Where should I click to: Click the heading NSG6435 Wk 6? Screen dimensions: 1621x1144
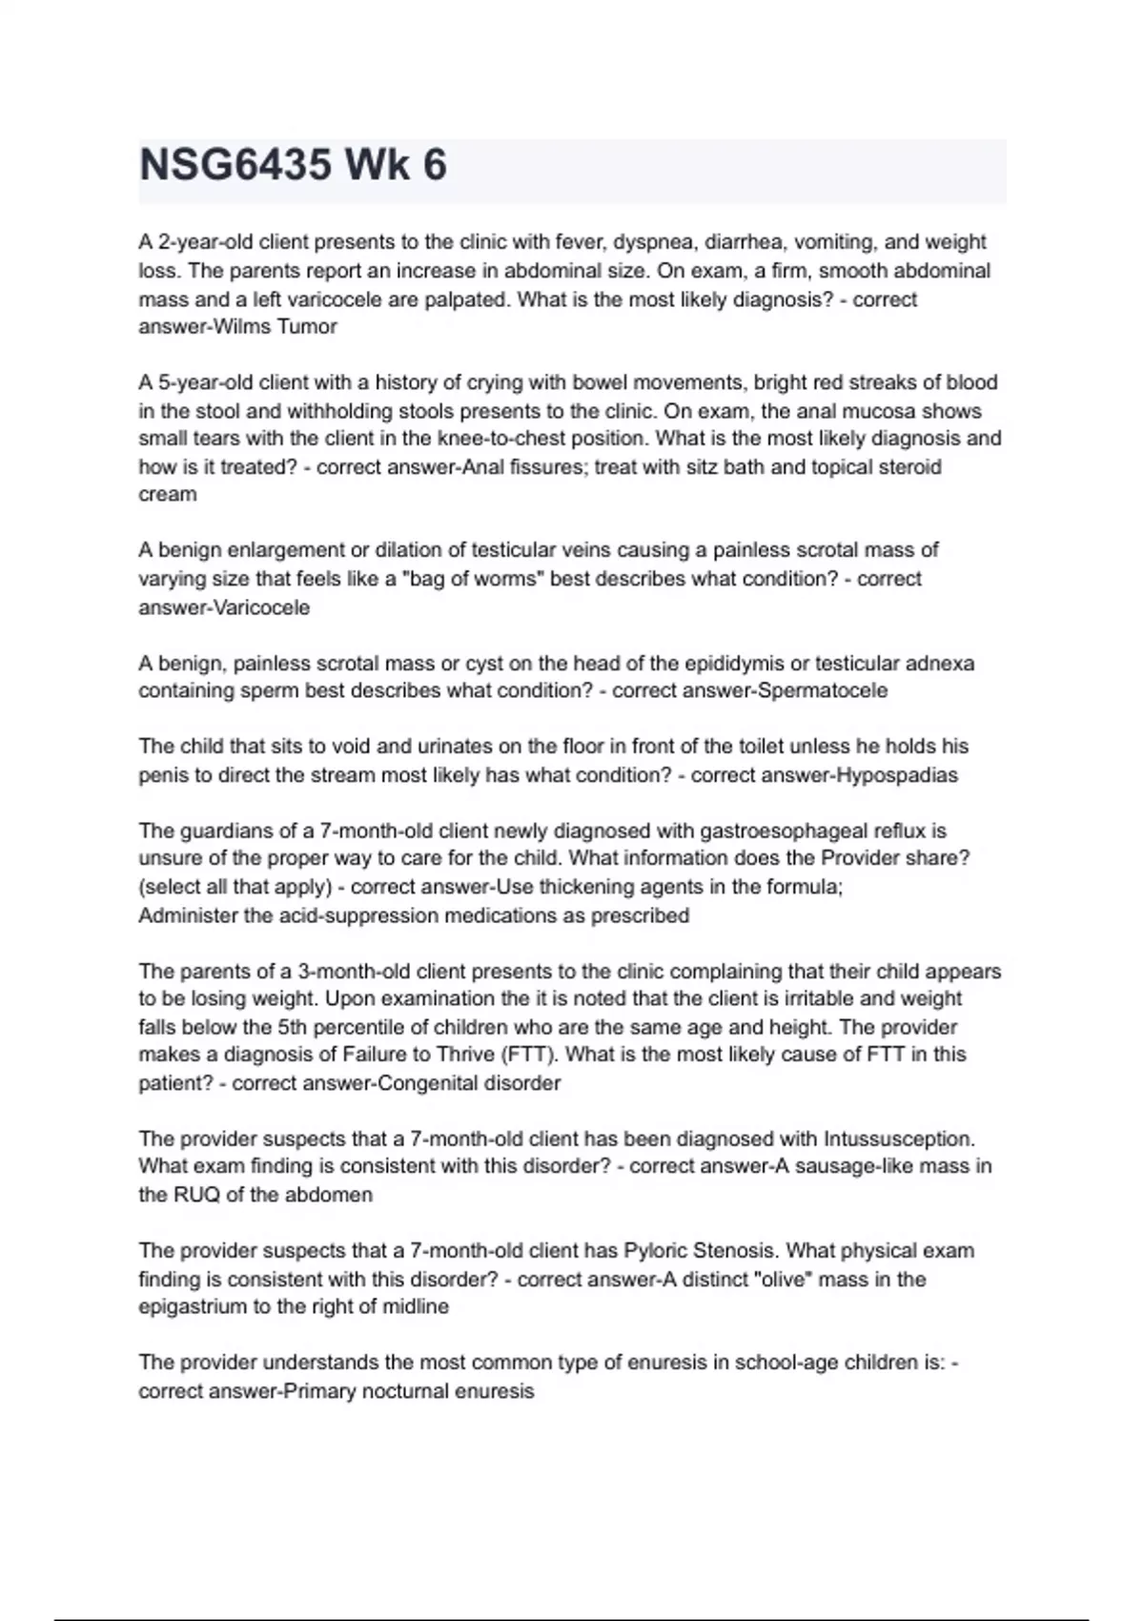point(293,166)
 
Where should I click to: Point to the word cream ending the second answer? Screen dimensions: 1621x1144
point(168,495)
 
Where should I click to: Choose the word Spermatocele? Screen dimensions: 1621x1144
point(821,690)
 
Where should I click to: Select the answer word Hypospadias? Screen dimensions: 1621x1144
point(897,775)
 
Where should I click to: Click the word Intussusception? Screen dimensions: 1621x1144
point(898,1139)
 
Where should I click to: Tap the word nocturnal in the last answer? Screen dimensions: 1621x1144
point(403,1391)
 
